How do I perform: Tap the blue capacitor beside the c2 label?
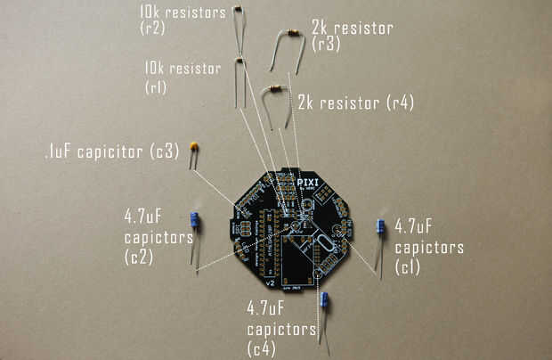195,221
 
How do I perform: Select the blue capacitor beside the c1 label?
380,227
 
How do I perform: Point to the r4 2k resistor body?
274,88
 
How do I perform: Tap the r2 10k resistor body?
237,8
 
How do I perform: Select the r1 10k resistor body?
239,61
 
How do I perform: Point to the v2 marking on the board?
269,282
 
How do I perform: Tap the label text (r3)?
327,45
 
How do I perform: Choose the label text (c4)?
261,349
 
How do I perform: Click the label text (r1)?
155,87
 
